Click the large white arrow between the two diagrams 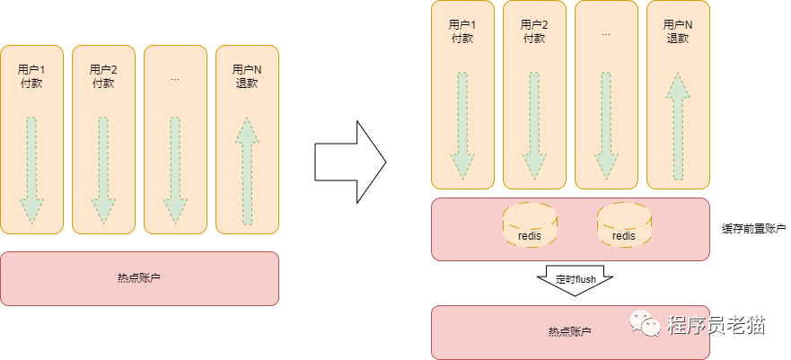coord(349,162)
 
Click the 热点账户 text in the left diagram coord(139,278)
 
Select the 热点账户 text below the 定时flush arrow coord(570,332)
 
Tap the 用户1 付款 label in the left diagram coord(31,76)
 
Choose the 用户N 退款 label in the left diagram coord(247,76)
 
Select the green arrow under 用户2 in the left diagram coord(103,171)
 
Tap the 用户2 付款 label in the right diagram coord(534,31)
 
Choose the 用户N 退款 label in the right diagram coord(678,31)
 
